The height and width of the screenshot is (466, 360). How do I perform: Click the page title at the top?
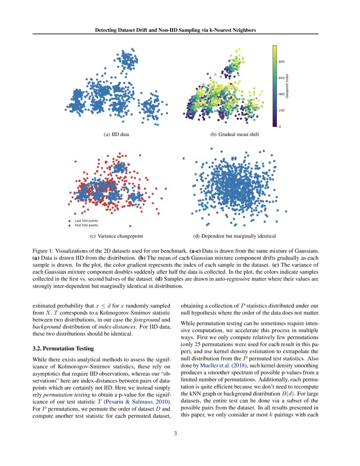(180, 30)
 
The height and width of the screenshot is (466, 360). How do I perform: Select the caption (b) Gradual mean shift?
(235, 135)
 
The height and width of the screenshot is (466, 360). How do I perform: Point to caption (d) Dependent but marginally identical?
(234, 236)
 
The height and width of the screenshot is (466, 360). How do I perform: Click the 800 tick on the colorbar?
(281, 61)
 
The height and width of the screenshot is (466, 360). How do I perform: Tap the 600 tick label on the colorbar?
(281, 78)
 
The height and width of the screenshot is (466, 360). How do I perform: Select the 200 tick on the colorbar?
(281, 110)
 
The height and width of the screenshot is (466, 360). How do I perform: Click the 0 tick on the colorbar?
(280, 127)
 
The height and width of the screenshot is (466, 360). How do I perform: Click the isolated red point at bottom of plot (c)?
(130, 226)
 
